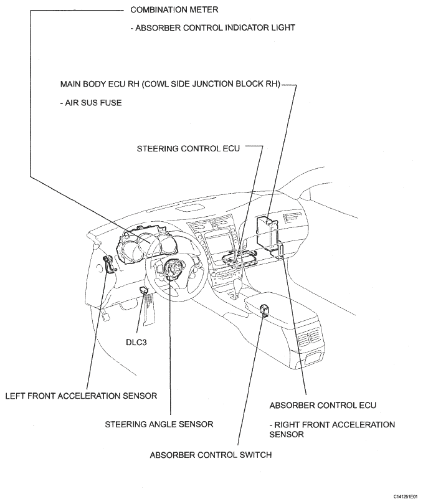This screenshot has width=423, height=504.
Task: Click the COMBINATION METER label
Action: pos(174,9)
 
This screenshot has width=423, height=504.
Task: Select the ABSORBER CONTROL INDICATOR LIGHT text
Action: pos(212,27)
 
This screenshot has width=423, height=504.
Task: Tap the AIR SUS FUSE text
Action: pos(91,103)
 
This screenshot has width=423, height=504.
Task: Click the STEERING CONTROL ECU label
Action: pos(188,148)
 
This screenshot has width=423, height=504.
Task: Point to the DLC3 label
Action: pos(136,342)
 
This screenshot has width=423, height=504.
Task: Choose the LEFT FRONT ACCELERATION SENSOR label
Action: pos(82,396)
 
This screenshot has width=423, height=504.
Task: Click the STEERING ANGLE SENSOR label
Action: pos(159,424)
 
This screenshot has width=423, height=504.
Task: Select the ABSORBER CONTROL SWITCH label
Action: pos(211,455)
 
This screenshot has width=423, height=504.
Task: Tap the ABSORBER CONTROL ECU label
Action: pos(323,406)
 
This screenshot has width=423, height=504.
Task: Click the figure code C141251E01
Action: pos(408,497)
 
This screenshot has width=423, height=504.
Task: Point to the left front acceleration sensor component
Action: pos(108,264)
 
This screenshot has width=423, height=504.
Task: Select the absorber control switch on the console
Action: pos(264,309)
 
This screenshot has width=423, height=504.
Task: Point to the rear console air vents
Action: pos(308,339)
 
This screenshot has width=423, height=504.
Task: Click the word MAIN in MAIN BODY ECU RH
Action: pos(70,84)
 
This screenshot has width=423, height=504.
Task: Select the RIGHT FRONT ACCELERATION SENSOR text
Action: pos(332,429)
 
